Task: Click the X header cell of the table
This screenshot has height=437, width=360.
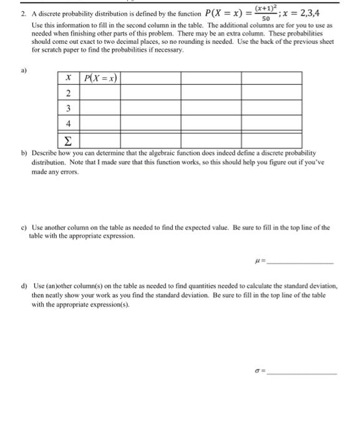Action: [x=68, y=79]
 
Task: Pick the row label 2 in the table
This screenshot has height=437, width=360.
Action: [x=68, y=94]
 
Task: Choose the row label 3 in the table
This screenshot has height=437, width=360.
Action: [x=68, y=108]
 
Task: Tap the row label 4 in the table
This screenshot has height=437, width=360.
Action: [x=68, y=123]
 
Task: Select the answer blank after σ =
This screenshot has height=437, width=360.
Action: [x=308, y=371]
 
